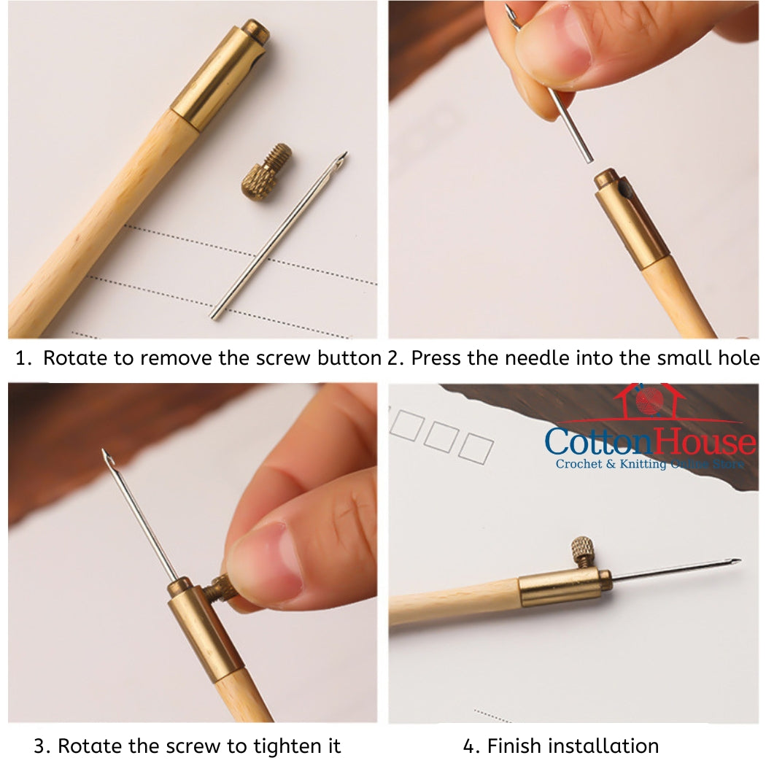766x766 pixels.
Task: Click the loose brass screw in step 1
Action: (266, 173)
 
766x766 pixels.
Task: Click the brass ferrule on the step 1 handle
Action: (219, 76)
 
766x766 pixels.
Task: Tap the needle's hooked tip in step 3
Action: (107, 456)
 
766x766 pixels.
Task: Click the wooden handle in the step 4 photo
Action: (452, 602)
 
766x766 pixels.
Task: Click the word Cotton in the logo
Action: (591, 442)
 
